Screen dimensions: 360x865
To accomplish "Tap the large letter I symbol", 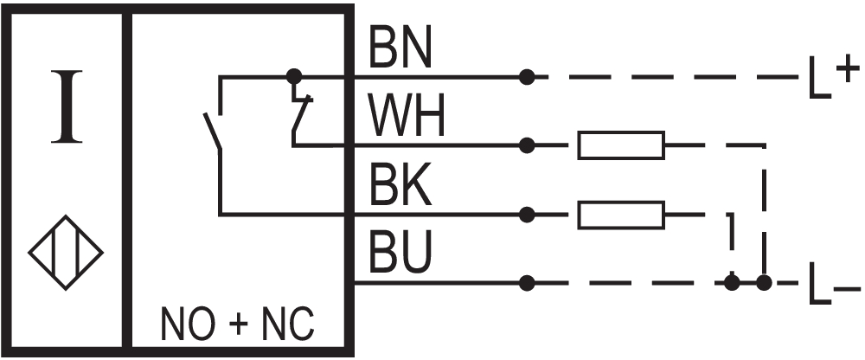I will [x=66, y=109].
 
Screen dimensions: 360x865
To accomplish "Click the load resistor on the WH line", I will [x=621, y=145].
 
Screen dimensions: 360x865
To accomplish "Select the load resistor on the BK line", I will [x=621, y=214].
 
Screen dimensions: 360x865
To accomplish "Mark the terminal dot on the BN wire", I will [x=527, y=77].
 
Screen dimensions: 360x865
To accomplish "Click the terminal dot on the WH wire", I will [x=527, y=145].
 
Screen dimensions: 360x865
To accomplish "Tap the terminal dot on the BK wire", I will [x=527, y=213].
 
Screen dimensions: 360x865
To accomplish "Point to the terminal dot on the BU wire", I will [x=527, y=282].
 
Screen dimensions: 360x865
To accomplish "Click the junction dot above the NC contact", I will [x=294, y=77].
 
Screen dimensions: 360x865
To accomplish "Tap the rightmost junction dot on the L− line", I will [x=763, y=282].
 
